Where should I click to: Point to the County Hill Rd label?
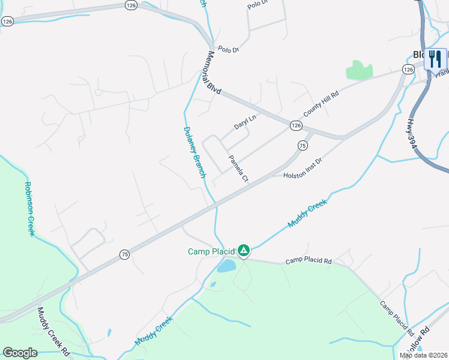(321, 103)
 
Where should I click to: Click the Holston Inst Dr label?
(303, 169)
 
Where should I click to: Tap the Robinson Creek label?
(28, 209)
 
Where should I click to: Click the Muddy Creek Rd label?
(53, 332)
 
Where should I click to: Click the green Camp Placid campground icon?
(244, 250)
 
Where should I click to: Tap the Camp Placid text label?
(210, 251)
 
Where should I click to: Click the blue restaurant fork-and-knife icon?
(435, 59)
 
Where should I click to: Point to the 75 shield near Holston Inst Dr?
(303, 145)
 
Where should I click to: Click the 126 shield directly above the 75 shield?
(296, 125)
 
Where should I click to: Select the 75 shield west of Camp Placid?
(124, 254)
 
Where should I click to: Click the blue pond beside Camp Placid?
(226, 266)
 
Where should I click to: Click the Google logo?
(20, 353)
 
